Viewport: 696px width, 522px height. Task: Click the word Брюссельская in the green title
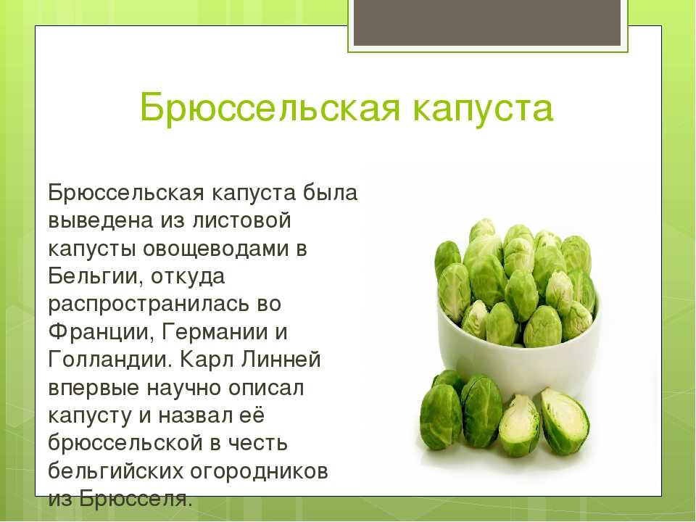[270, 107]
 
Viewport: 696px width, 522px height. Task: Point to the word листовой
[242, 221]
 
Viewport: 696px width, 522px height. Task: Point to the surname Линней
[281, 359]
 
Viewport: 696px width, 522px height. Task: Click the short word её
[252, 415]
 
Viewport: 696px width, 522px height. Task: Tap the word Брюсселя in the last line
[136, 499]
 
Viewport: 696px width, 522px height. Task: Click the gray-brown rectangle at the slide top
[487, 22]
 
